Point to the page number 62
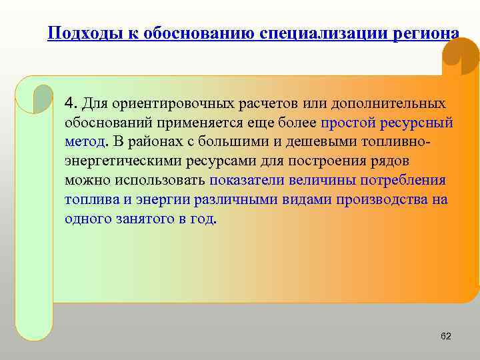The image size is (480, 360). (446, 337)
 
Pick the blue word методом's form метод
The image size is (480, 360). (85, 143)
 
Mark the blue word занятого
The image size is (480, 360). (139, 219)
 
